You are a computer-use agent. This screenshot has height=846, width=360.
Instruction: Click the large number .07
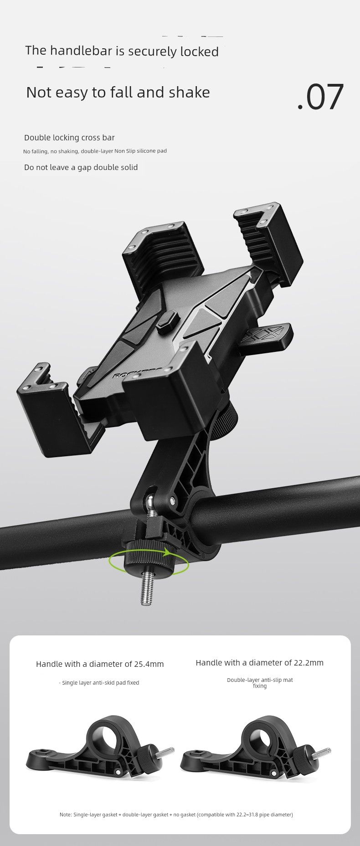tap(320, 97)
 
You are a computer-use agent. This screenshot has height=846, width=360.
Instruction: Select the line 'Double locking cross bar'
tap(69, 138)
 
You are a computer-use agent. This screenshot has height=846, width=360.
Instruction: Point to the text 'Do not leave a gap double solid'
tap(81, 167)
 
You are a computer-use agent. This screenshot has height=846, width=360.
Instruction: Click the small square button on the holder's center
tap(167, 321)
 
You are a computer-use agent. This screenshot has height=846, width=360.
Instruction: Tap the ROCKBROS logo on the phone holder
tap(132, 375)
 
